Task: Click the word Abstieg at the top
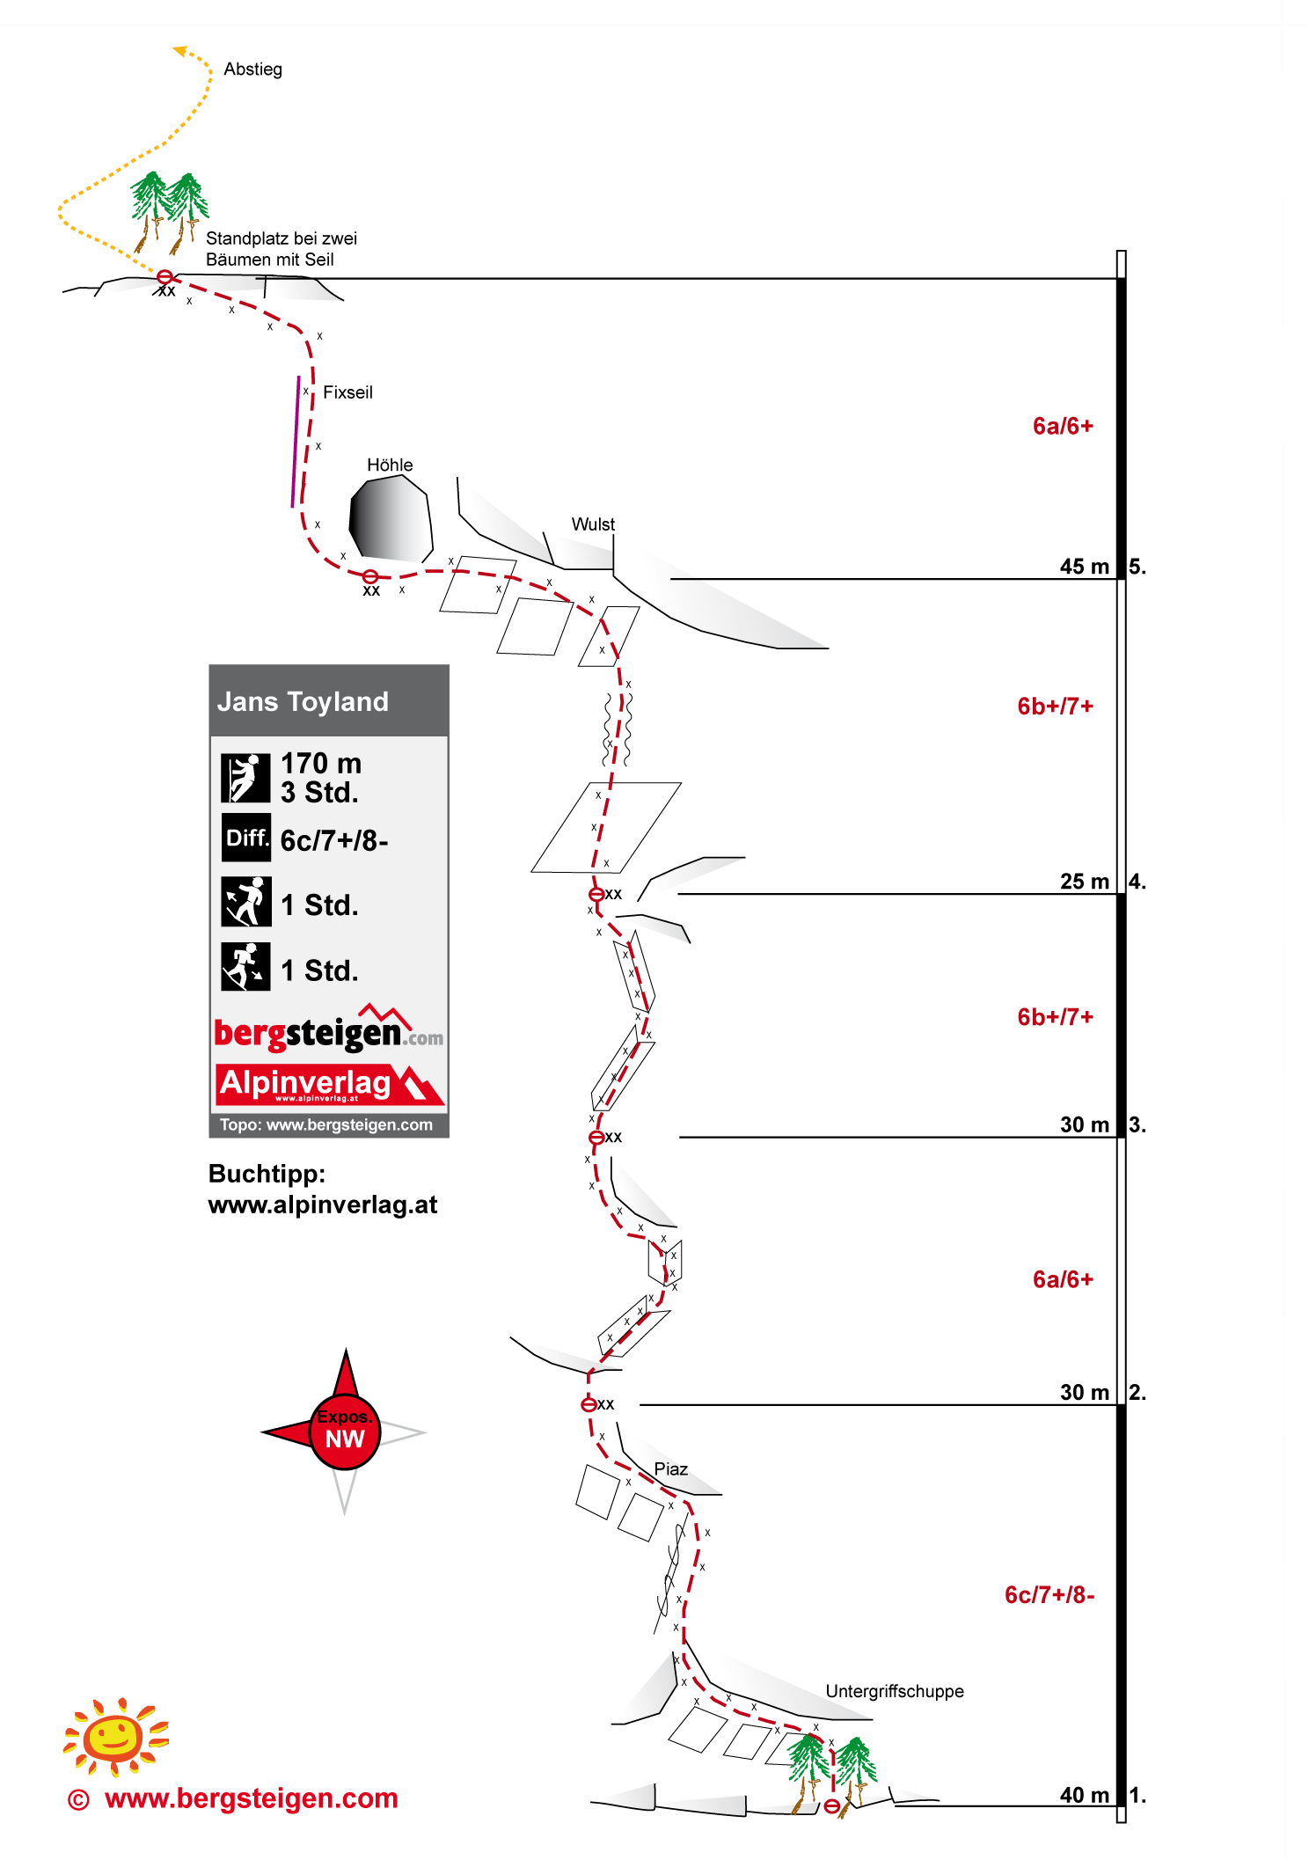[252, 70]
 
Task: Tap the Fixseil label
[347, 392]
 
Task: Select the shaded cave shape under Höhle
[391, 519]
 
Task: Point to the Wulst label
[593, 524]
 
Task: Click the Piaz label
[670, 1469]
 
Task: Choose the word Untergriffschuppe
[894, 1691]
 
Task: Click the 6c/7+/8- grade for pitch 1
[1049, 1595]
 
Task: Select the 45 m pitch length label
[1084, 567]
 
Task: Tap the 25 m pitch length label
[1084, 882]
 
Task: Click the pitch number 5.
[1137, 567]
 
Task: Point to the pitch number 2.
[1137, 1392]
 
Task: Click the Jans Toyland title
[303, 701]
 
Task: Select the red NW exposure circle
[345, 1432]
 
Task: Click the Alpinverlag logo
[330, 1084]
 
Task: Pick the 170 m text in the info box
[321, 763]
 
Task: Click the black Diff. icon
[246, 838]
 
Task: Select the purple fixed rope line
[296, 442]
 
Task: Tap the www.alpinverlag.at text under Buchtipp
[323, 1205]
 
